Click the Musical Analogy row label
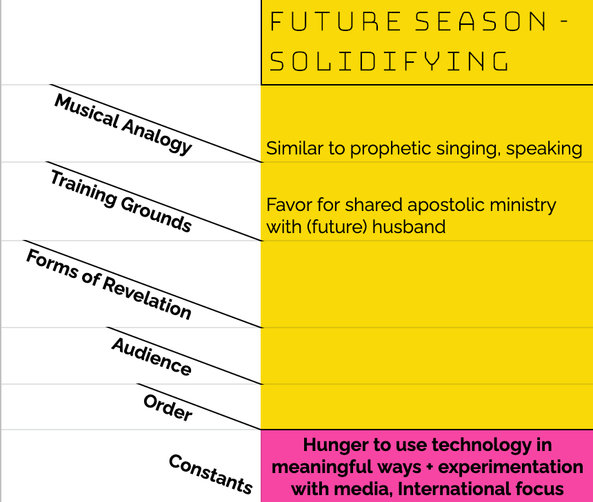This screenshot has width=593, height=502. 123,124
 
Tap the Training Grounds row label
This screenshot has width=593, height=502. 121,201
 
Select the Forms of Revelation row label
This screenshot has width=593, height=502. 109,285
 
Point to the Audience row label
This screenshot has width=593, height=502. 152,357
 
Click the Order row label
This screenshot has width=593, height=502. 168,407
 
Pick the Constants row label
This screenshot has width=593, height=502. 210,474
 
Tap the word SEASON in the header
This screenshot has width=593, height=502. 481,21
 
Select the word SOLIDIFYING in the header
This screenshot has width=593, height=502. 389,61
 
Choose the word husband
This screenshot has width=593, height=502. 409,227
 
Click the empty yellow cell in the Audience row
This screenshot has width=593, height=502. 427,356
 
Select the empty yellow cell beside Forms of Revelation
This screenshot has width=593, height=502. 427,284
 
